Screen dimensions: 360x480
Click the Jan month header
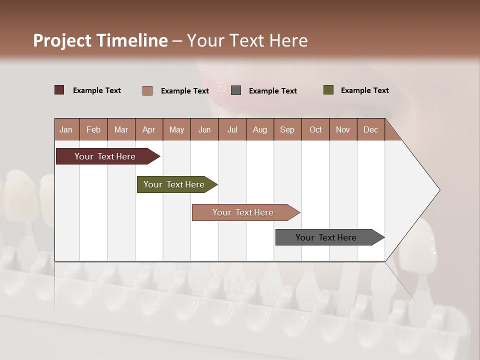click(66, 129)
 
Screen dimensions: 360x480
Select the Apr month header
click(148, 129)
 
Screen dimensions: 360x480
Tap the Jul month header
click(232, 129)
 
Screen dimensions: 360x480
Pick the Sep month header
click(287, 129)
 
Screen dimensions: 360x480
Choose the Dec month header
click(370, 129)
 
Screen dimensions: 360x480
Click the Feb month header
click(93, 129)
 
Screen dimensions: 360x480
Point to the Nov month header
click(342, 129)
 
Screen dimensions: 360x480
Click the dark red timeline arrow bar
click(105, 156)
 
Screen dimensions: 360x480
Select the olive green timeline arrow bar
click(174, 184)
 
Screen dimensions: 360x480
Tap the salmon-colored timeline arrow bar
click(243, 212)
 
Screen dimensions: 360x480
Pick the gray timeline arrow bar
click(326, 237)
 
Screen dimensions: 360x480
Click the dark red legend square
click(59, 90)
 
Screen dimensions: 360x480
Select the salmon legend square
click(147, 90)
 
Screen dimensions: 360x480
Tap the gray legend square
click(236, 90)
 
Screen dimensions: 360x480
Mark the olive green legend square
click(328, 90)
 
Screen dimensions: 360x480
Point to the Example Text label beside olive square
click(364, 90)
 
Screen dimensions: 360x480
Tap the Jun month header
click(204, 129)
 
